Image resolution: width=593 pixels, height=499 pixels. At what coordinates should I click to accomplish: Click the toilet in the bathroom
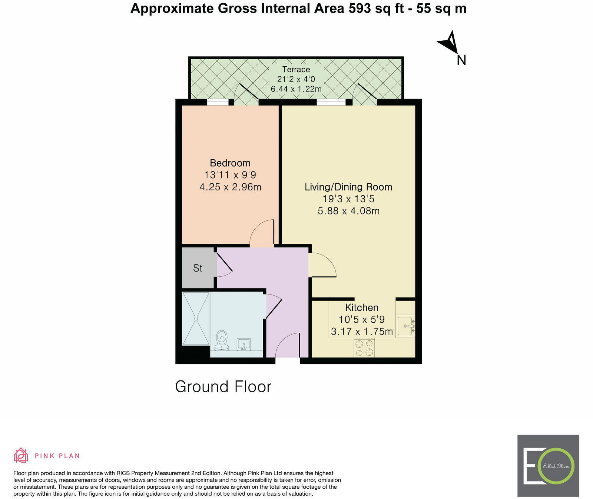point(222,340)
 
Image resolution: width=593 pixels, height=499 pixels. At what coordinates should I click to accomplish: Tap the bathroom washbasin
point(244,344)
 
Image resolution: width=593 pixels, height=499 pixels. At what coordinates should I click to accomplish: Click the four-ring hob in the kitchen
point(364,348)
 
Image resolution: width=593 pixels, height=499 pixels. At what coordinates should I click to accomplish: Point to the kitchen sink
point(405,326)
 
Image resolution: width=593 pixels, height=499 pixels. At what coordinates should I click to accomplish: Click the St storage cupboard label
point(198,268)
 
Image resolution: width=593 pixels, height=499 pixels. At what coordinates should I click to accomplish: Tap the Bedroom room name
point(230,163)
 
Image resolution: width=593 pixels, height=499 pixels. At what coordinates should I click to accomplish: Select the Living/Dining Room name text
point(348,187)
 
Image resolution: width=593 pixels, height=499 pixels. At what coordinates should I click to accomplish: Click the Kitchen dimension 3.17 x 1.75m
point(362,332)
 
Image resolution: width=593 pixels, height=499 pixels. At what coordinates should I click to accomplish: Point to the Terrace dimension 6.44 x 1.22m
point(296,89)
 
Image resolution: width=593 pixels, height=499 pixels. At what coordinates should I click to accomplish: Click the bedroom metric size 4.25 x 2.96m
point(230,187)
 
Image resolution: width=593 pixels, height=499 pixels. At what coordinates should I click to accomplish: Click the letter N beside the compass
point(461,60)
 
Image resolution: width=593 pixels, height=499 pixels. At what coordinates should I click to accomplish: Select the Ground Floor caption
point(223,387)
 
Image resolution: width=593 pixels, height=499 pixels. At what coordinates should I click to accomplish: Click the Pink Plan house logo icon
point(21,455)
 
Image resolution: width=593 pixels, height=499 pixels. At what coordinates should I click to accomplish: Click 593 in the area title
point(359,8)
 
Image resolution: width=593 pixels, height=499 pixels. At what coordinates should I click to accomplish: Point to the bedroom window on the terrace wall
point(218,103)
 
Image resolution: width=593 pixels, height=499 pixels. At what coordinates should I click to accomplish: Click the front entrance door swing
point(287,345)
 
